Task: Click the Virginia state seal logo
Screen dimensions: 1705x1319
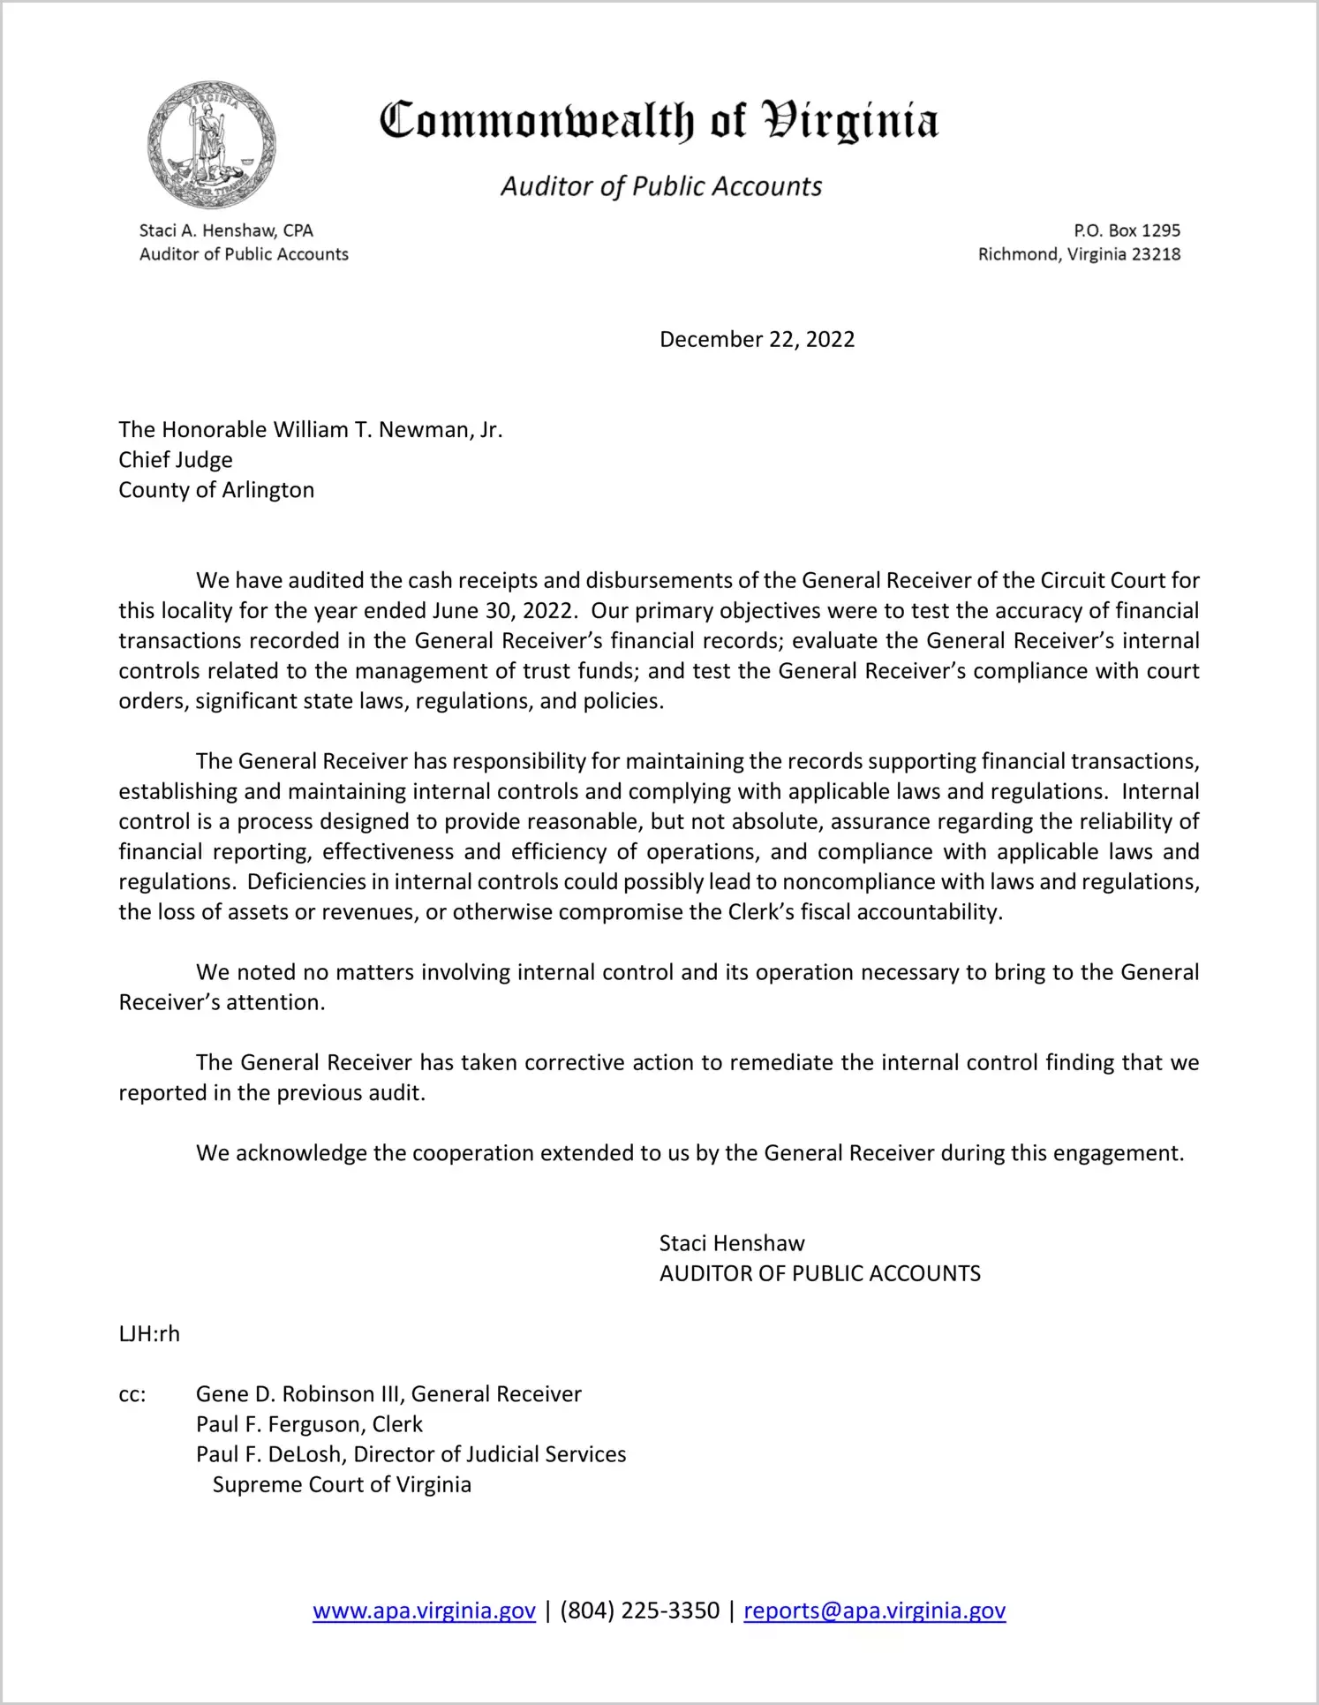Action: point(212,145)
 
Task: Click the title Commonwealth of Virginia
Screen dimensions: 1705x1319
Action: point(659,121)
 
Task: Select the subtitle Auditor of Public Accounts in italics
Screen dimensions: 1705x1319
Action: point(661,186)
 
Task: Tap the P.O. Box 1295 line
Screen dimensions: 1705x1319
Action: point(1127,230)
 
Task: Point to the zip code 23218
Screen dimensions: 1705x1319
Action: point(1156,254)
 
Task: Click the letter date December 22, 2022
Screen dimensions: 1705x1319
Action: point(757,340)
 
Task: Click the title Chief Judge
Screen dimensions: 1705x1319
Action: point(176,460)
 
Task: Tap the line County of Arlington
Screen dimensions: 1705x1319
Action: point(216,490)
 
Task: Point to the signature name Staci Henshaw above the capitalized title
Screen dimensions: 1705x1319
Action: point(732,1243)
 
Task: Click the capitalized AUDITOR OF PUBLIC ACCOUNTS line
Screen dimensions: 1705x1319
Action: point(819,1273)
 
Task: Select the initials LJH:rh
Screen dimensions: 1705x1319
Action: point(149,1333)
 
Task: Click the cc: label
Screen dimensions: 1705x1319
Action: point(132,1394)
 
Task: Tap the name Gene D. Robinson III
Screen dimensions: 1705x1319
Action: point(299,1394)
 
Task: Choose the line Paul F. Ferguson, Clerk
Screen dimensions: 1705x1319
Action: point(309,1424)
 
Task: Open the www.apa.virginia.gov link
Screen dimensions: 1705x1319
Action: point(424,1611)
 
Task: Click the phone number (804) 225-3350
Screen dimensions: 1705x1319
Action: point(639,1611)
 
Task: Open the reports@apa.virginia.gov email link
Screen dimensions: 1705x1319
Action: point(874,1611)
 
